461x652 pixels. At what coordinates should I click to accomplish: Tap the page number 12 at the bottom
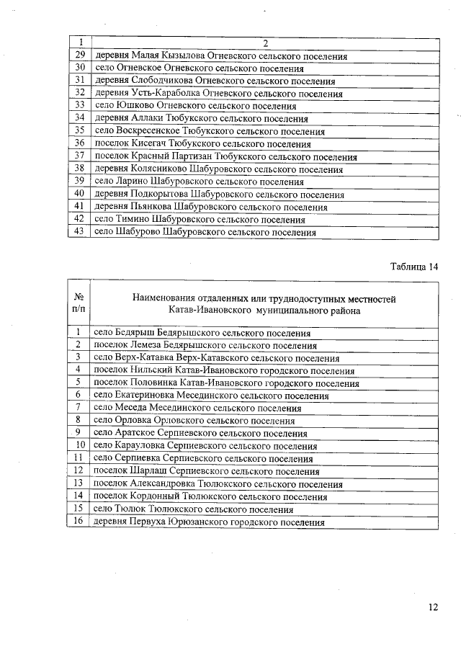pos(431,607)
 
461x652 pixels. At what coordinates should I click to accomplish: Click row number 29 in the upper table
pos(81,55)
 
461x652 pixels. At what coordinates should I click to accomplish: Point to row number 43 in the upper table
pos(81,232)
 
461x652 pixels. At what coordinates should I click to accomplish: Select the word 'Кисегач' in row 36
pos(148,144)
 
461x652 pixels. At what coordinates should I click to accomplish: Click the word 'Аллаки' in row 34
pos(148,118)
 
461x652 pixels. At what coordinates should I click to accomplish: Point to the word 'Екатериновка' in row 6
pos(145,396)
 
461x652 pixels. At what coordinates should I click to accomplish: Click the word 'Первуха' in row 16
pos(148,522)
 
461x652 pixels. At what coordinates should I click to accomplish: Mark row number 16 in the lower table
pos(77,522)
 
